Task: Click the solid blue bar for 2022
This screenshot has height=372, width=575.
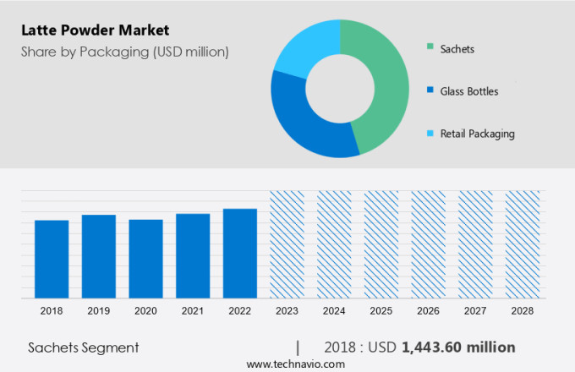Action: tap(240, 253)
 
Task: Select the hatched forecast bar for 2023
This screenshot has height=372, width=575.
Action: tap(287, 244)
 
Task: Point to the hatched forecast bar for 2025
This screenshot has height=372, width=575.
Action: tap(381, 244)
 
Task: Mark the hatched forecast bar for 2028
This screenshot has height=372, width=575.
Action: tap(522, 244)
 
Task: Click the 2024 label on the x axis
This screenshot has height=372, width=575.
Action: tap(333, 311)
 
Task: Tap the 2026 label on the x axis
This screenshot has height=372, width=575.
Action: tap(428, 311)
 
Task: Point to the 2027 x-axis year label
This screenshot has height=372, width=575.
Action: tap(474, 311)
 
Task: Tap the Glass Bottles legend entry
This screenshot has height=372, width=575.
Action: tap(468, 91)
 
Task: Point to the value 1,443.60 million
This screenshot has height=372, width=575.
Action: tap(458, 347)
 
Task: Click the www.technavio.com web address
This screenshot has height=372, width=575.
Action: tap(296, 364)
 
